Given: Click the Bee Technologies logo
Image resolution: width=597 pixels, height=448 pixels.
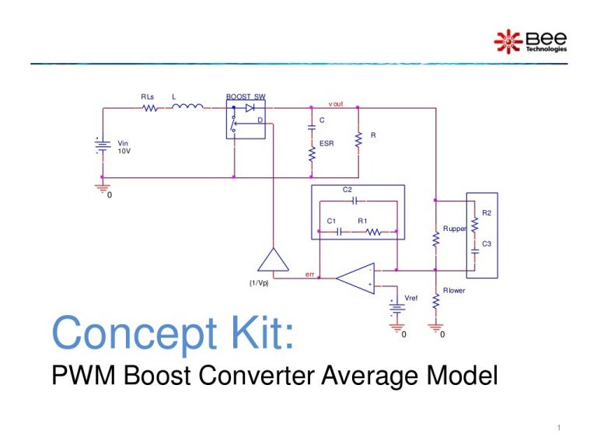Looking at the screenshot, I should pos(531,41).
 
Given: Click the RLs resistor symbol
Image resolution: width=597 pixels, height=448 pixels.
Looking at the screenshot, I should pos(150,108).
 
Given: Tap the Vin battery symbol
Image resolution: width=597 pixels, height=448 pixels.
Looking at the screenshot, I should pos(99,147).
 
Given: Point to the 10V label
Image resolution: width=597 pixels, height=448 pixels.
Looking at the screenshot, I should pos(124,152).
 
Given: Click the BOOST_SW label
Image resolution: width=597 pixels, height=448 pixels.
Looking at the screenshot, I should pos(246,97).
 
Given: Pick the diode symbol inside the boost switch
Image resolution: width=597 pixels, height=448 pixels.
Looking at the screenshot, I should pos(250,108).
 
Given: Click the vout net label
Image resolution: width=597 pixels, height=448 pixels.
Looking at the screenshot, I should pos(336,103).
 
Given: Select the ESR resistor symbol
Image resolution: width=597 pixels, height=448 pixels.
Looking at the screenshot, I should pos(312,153).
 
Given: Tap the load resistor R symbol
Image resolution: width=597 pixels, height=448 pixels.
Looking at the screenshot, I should pos(358,141).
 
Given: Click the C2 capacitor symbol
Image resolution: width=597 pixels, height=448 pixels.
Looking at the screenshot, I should pos(354,200).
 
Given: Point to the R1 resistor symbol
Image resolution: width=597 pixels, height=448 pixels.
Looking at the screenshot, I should pos(372,231).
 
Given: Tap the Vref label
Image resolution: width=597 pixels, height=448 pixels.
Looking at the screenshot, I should pos(411,299).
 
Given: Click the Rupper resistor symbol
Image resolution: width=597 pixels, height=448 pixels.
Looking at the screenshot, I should pos(436,240).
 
